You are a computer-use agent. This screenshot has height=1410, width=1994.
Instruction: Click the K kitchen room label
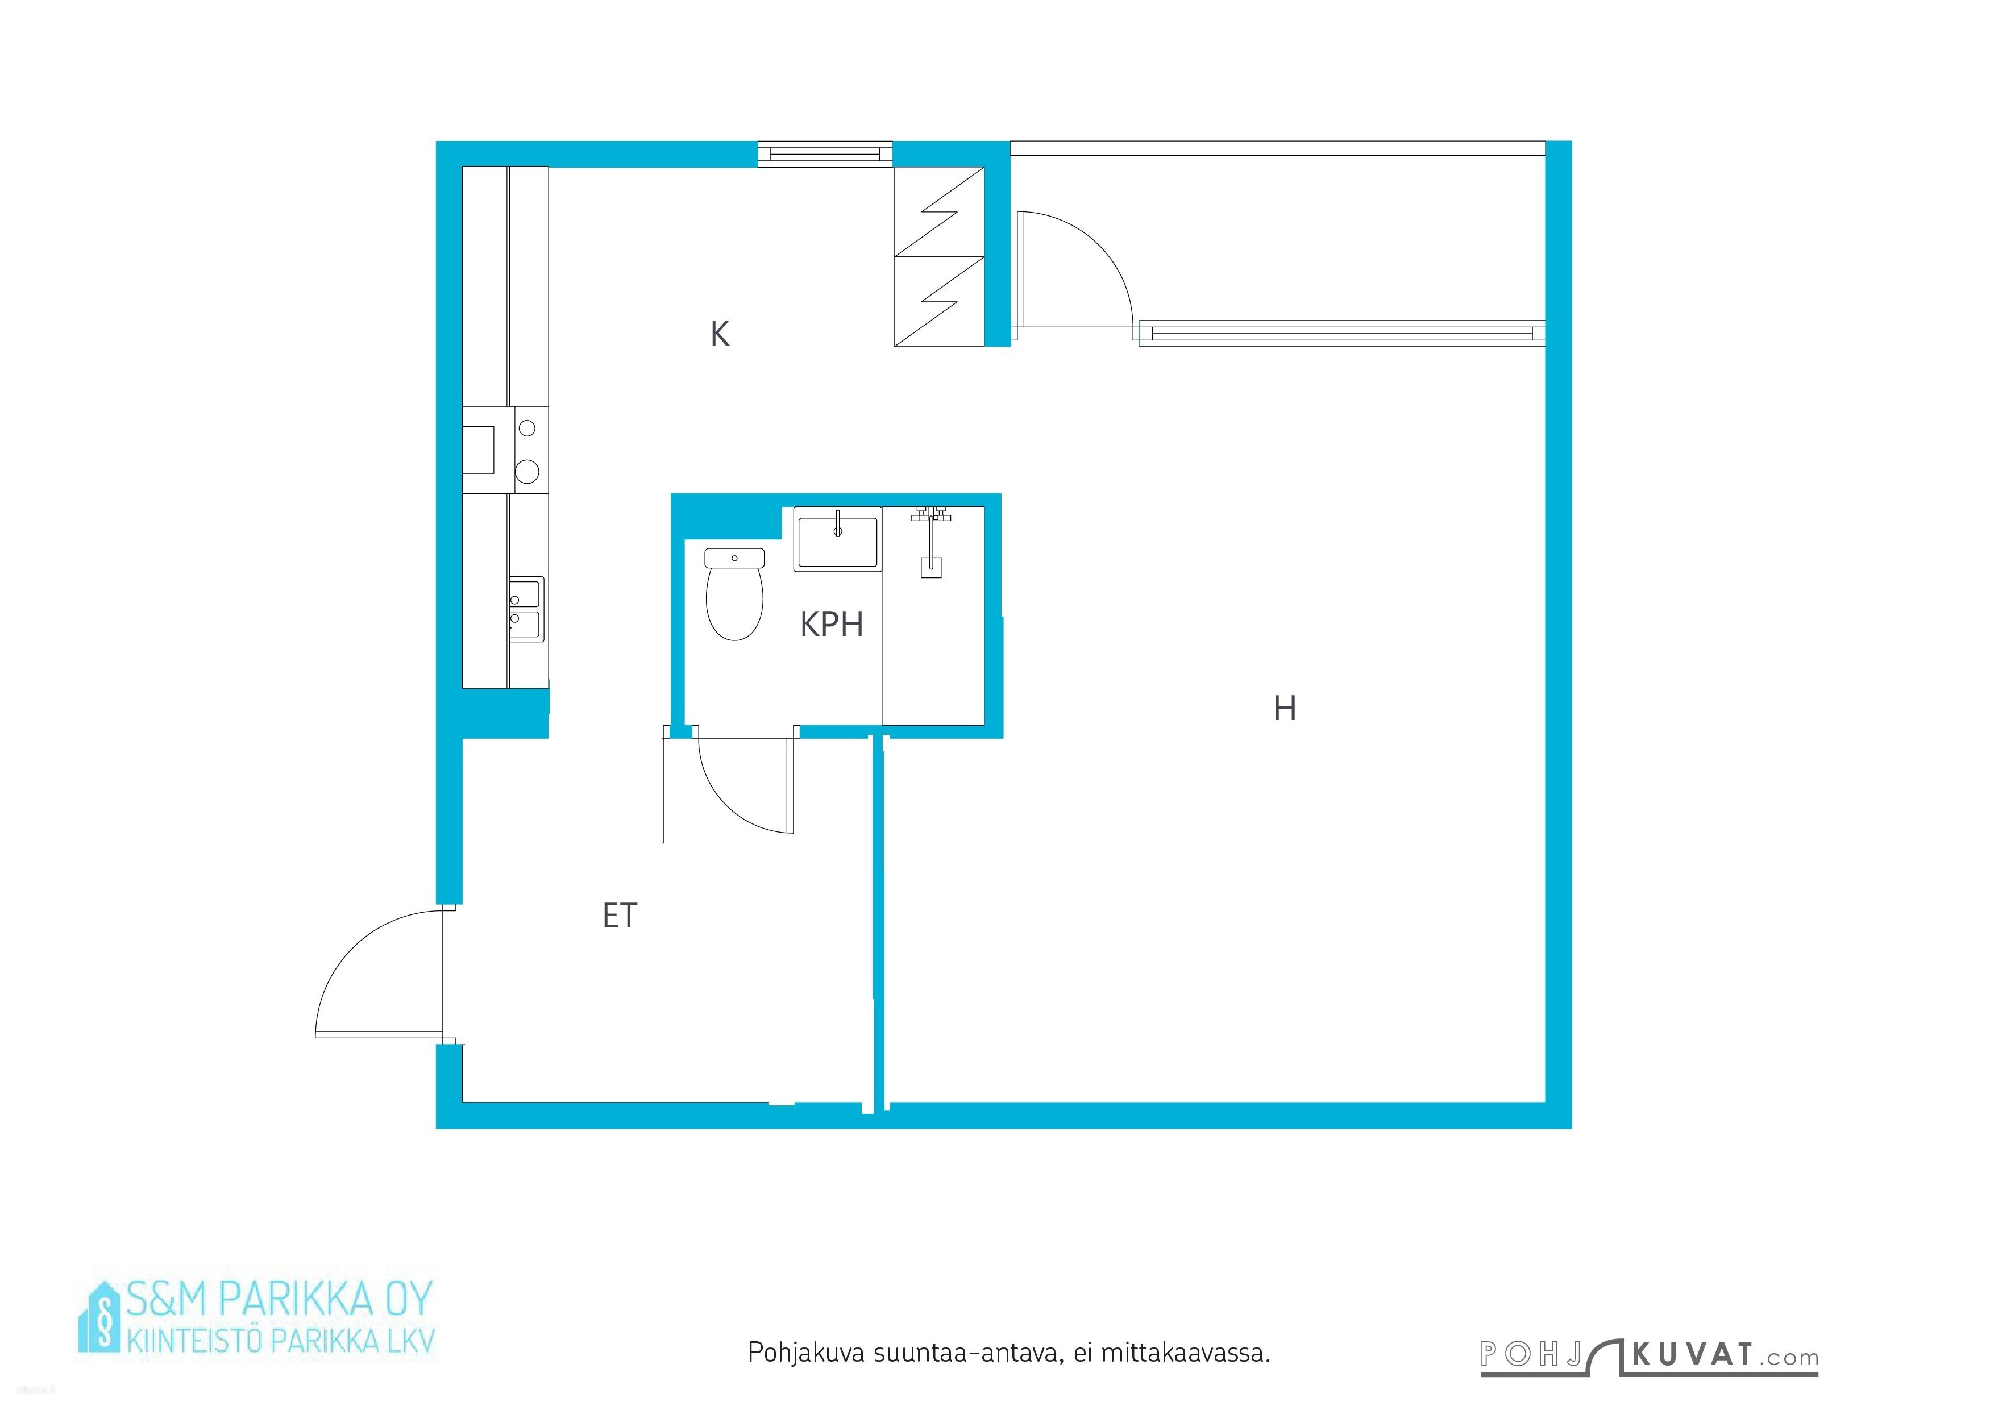point(719,334)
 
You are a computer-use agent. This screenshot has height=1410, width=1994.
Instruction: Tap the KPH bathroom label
point(831,624)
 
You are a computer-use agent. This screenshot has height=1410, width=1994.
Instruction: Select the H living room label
point(1285,709)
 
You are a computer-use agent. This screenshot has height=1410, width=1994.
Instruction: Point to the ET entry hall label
point(619,916)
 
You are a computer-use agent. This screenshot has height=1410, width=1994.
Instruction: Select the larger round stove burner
point(527,472)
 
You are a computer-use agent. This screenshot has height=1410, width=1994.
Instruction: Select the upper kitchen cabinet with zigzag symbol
point(940,212)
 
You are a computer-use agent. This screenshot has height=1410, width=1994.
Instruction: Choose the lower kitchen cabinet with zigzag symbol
point(940,301)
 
